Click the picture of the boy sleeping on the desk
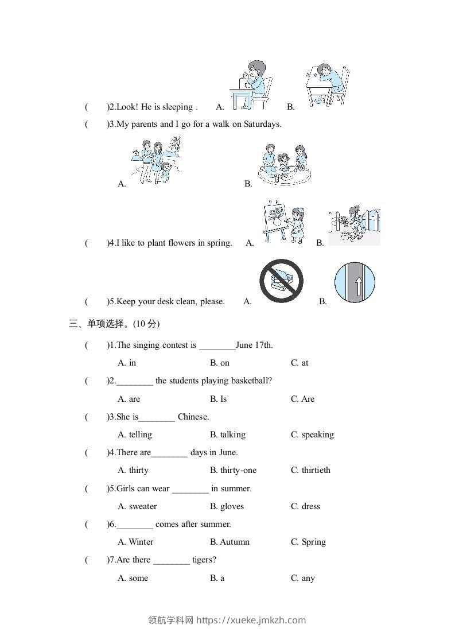point(326,85)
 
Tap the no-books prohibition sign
point(281,281)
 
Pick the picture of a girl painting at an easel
point(283,222)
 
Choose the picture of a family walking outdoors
point(155,161)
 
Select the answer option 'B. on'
point(220,363)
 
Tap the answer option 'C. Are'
point(302,399)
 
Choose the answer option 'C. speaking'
point(312,434)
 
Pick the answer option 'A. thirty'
point(133,470)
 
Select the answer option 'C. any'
point(302,578)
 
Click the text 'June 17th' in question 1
point(254,345)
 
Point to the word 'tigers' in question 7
point(204,560)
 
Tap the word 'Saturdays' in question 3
point(262,124)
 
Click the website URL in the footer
point(251,620)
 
